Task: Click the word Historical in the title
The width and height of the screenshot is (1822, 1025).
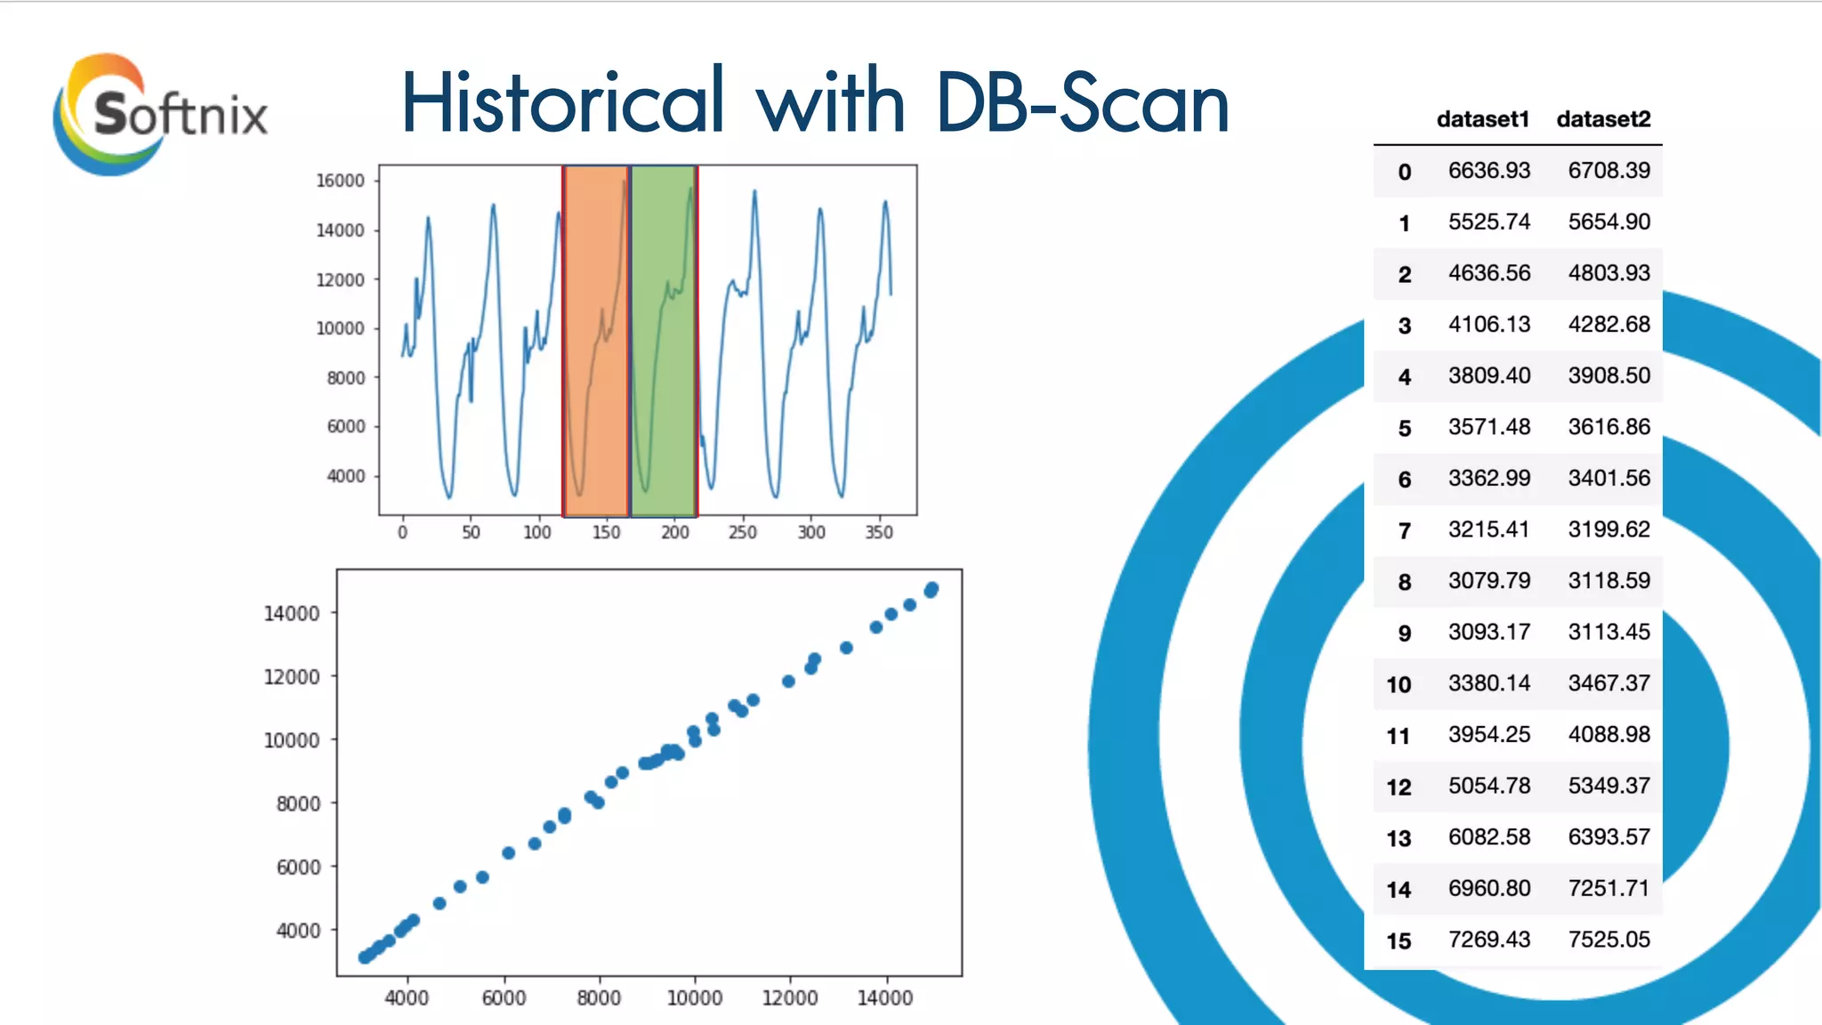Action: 562,102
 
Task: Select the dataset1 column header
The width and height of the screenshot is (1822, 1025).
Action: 1482,119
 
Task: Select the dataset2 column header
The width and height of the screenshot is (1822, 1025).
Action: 1603,119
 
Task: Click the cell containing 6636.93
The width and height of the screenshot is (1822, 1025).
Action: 1488,170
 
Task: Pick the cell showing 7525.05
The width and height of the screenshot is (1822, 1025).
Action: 1608,940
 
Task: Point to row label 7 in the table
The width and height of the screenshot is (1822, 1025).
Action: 1404,531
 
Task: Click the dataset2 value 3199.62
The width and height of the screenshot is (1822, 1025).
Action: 1608,529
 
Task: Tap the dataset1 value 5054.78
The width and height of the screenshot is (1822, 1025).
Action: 1488,786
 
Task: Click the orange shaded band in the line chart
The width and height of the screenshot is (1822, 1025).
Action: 596,338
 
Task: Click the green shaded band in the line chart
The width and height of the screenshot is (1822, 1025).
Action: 663,338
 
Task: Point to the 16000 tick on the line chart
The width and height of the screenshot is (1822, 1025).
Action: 340,181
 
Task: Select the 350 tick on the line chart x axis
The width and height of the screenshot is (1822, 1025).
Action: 879,532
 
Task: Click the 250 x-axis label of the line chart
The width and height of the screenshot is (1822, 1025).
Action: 742,532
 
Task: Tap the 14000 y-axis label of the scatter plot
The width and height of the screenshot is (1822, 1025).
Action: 291,613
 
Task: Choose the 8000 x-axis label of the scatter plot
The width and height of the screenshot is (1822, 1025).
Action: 599,998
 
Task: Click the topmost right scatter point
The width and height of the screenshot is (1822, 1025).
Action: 931,589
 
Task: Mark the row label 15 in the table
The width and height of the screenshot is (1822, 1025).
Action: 1399,941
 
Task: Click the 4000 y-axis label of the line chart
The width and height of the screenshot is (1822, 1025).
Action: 345,476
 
